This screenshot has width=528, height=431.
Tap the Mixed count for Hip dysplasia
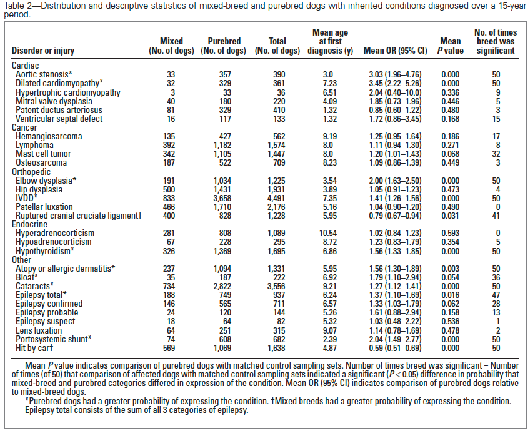coord(171,189)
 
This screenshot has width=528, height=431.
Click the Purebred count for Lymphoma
coord(224,144)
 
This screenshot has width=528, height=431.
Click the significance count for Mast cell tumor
coord(496,154)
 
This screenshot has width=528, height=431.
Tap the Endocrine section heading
coord(30,224)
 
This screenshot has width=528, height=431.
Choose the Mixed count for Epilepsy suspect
coord(171,321)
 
